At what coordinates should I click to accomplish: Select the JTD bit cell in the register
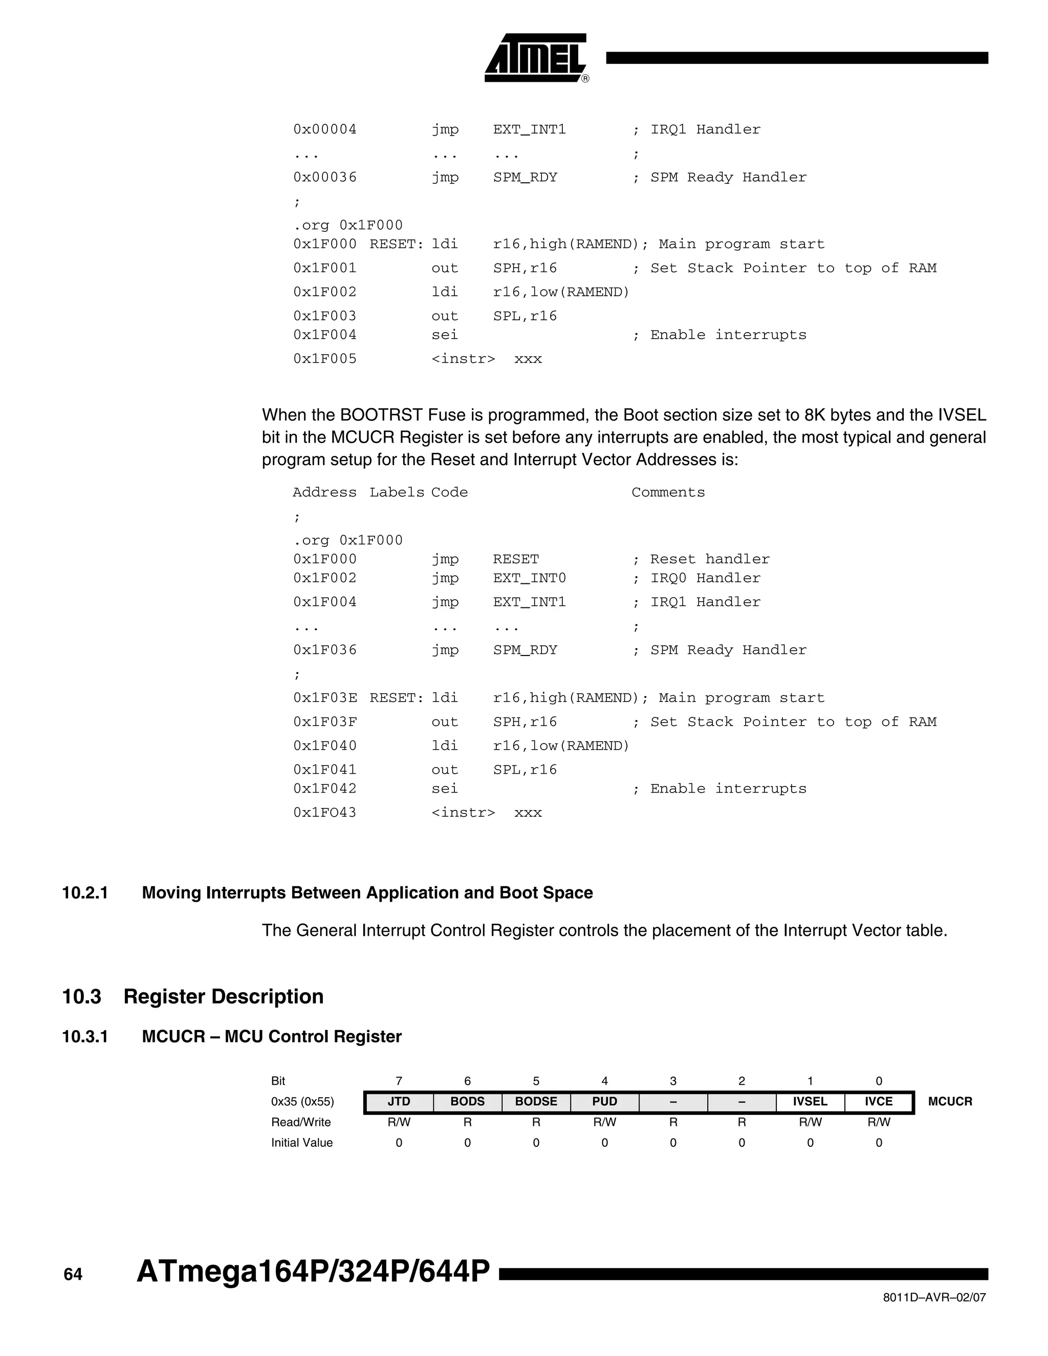click(x=399, y=1102)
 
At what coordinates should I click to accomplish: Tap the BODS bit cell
click(x=467, y=1102)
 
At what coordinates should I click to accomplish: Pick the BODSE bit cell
click(x=536, y=1102)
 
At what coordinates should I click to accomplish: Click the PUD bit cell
click(x=604, y=1102)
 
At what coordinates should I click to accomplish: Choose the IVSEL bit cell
click(x=810, y=1102)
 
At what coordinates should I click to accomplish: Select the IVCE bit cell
click(x=879, y=1102)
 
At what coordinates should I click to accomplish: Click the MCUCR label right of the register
click(x=950, y=1102)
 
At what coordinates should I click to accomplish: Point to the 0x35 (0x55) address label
click(x=302, y=1102)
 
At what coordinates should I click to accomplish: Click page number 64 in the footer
click(x=73, y=1275)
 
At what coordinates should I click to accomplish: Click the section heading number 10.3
click(x=81, y=996)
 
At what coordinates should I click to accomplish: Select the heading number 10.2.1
click(x=85, y=893)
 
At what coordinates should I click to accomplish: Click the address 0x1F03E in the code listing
click(x=325, y=698)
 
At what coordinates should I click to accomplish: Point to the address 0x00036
click(x=325, y=178)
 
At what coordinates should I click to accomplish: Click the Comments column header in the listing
click(x=668, y=492)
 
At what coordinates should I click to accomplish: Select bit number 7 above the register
click(x=399, y=1081)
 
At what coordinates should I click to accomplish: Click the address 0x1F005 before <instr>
click(x=325, y=359)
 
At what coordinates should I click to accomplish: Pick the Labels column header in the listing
click(x=397, y=492)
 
